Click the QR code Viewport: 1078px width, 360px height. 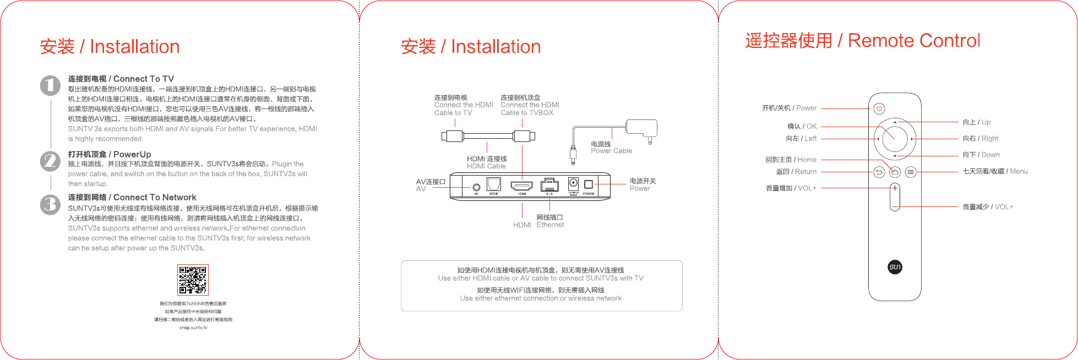193,280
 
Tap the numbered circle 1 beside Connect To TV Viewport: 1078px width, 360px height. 50,85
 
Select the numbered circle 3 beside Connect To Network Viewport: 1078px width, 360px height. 50,204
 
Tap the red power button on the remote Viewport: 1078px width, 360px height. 879,108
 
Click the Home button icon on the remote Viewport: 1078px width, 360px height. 895,172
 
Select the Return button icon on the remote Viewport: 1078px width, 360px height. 879,172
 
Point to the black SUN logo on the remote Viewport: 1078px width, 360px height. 895,267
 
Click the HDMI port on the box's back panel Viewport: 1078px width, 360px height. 521,186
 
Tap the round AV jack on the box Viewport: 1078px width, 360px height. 476,187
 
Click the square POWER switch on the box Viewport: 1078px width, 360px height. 589,184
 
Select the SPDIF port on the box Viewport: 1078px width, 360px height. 494,184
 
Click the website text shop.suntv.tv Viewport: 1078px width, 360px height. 193,328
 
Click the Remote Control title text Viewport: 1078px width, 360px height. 914,41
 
